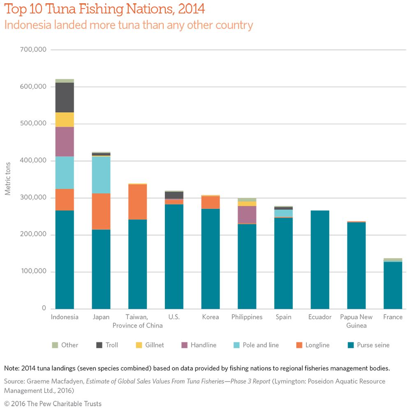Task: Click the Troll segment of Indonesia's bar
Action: pos(65,97)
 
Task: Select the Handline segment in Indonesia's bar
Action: pos(65,141)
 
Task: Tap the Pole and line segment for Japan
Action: pos(101,175)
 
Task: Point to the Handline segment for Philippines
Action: pos(247,214)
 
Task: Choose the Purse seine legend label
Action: pos(373,345)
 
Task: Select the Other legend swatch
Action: pos(54,345)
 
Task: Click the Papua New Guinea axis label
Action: pos(356,321)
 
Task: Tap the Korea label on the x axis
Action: pos(210,317)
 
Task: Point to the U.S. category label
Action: pos(173,317)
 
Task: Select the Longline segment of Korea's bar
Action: pos(210,202)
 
